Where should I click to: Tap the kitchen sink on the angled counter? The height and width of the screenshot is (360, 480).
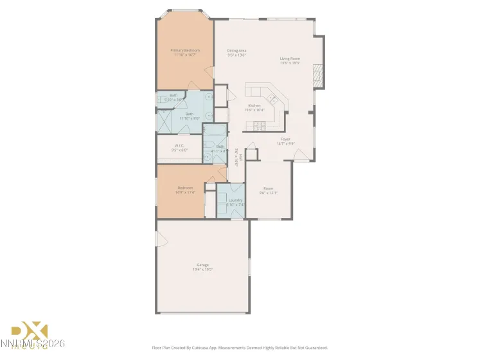point(272,99)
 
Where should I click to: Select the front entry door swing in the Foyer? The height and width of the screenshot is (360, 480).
point(300,154)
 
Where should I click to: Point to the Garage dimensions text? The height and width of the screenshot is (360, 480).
point(202,269)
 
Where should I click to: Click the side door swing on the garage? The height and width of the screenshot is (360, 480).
point(162,239)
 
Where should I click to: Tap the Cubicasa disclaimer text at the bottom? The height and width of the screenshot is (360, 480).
point(240,347)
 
